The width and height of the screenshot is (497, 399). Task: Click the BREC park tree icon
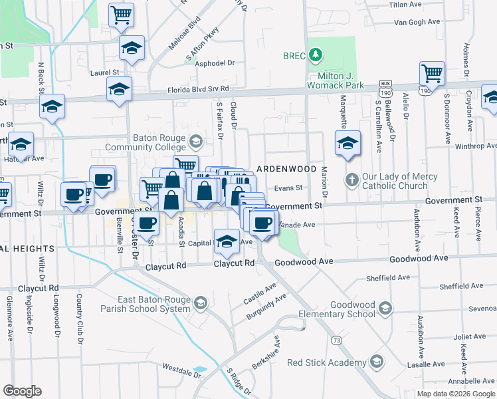[x=318, y=54]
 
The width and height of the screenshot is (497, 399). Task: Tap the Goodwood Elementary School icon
[x=385, y=309]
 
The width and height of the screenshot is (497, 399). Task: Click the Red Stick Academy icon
[x=377, y=362]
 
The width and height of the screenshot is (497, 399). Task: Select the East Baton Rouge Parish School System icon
[x=200, y=304]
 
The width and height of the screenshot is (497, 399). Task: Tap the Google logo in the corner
[x=23, y=391]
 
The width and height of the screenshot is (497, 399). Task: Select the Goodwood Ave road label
[x=306, y=262]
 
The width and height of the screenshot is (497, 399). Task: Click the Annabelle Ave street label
[x=471, y=382]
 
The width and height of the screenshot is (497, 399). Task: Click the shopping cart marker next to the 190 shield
[x=432, y=73]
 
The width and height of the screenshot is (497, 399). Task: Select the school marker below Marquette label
[x=348, y=143]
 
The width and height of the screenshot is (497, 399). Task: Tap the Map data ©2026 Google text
[x=456, y=394]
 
